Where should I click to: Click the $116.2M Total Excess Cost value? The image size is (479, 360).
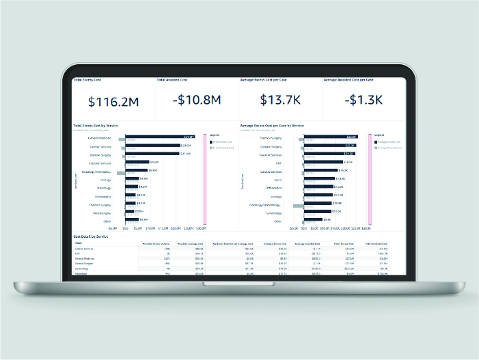[114, 101]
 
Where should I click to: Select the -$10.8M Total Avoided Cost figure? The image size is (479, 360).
[197, 100]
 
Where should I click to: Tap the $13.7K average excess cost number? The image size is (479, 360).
[280, 100]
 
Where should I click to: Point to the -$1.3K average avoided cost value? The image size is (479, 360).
[363, 100]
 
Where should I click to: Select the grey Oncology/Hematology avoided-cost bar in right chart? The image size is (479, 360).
[298, 205]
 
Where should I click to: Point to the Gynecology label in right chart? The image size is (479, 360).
[273, 212]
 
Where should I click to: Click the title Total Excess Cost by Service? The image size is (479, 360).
[96, 126]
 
